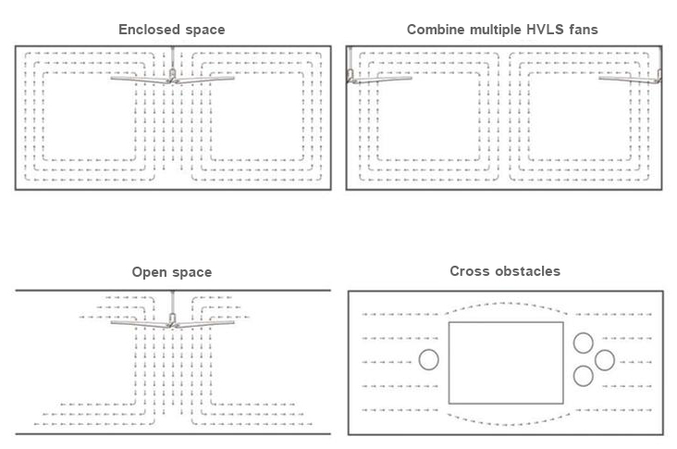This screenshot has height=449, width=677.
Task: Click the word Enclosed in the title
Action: click(146, 30)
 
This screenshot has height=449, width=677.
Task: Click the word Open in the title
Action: click(148, 272)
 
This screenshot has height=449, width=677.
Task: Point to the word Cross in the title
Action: click(469, 271)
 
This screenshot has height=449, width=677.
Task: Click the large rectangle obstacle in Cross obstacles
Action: click(505, 362)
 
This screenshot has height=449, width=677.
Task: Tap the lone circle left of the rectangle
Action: click(429, 359)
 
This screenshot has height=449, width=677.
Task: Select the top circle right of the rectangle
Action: click(583, 343)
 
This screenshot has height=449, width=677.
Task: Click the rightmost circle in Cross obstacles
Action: click(604, 359)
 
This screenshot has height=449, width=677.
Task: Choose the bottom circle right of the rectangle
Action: click(583, 375)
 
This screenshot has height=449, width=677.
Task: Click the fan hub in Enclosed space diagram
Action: click(172, 78)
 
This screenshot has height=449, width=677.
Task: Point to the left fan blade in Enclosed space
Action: click(139, 79)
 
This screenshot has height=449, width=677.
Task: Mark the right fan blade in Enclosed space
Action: click(206, 80)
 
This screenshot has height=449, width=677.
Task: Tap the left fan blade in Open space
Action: click(139, 323)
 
